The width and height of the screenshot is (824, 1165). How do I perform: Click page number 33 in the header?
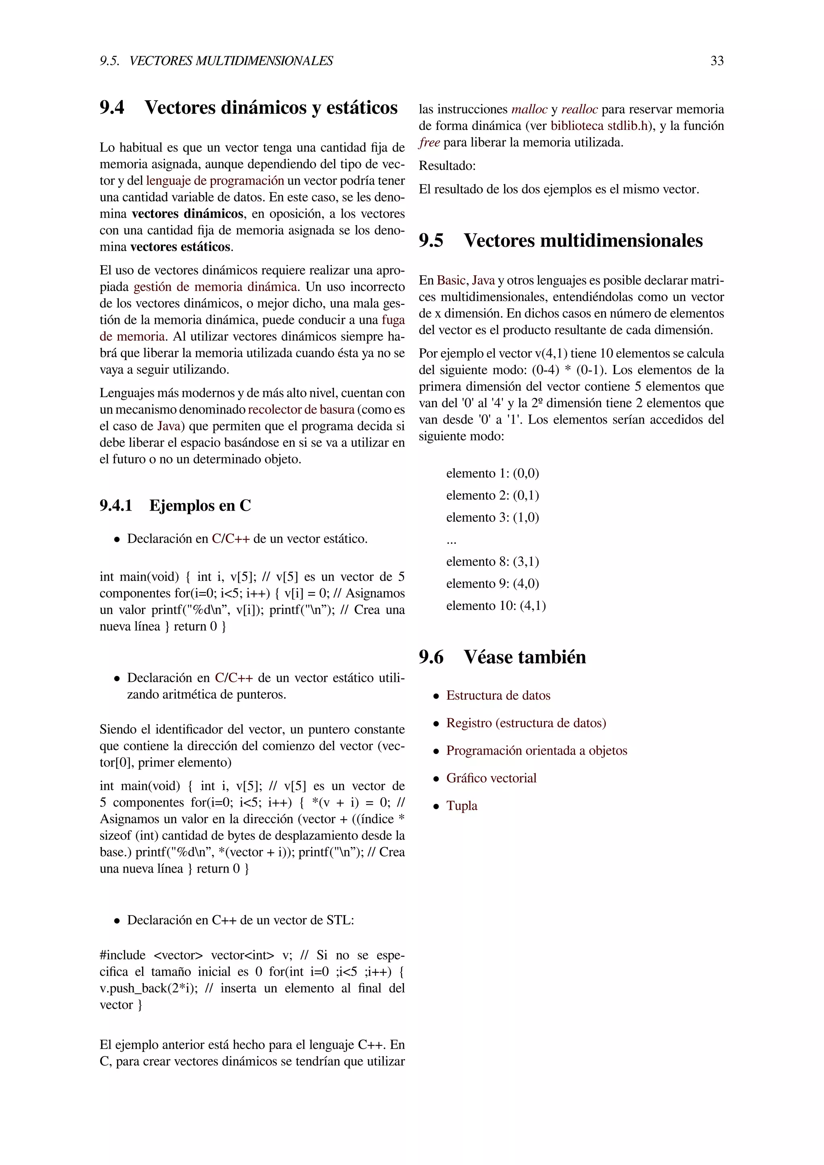point(717,61)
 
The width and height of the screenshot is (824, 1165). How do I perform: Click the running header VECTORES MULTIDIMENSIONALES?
point(231,61)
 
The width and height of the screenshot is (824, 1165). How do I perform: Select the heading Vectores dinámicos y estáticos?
point(271,107)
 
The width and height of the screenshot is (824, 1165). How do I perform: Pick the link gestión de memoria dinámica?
point(215,287)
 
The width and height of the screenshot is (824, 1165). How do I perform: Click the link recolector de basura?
point(301,410)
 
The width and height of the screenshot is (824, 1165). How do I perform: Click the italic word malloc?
point(529,109)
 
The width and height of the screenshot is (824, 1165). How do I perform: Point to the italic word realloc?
point(579,109)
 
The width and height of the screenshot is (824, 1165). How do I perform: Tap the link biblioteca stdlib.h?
point(600,126)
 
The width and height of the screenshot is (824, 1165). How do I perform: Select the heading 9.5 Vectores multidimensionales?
point(560,241)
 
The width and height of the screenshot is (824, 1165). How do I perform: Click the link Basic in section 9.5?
point(451,281)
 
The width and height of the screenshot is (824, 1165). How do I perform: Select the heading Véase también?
point(524,657)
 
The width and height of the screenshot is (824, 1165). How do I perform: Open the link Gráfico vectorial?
point(491,778)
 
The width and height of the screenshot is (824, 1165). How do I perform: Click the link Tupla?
point(462,806)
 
